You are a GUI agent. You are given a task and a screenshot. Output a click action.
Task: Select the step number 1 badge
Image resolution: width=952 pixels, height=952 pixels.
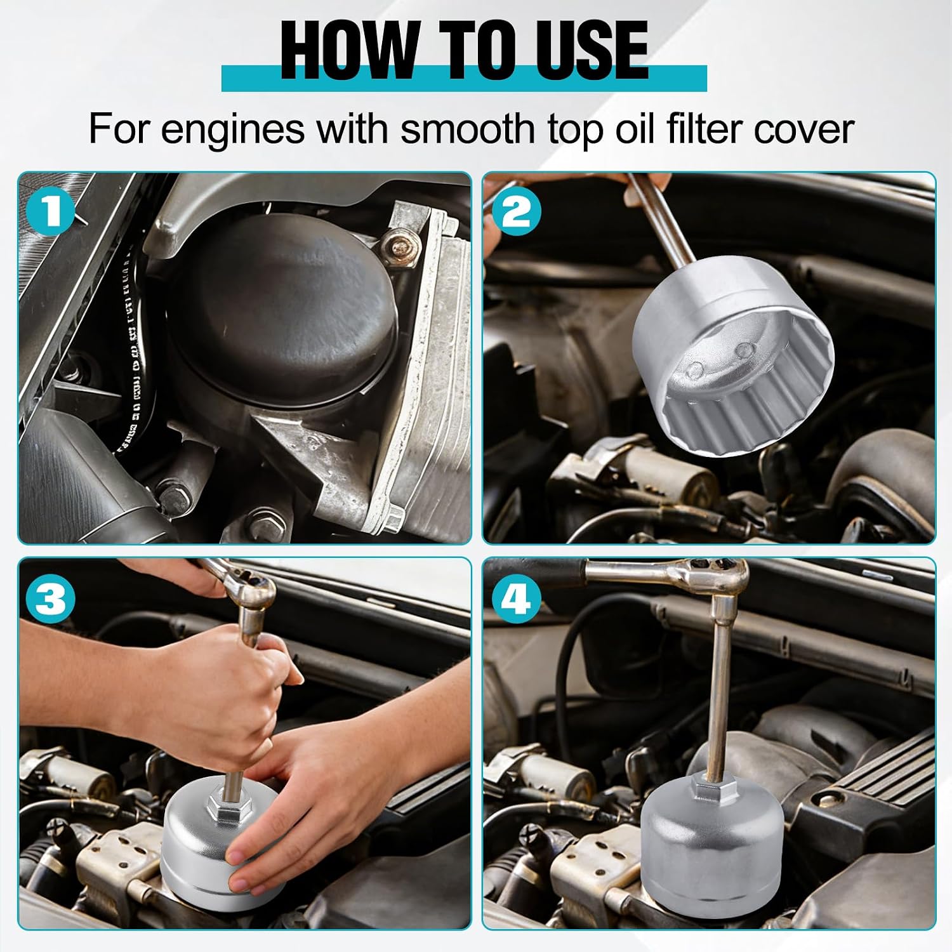tap(52, 211)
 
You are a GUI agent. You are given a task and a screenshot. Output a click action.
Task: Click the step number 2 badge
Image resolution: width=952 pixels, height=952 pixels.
tap(518, 211)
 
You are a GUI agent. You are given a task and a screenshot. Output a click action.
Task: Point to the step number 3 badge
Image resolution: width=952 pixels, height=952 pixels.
tap(52, 597)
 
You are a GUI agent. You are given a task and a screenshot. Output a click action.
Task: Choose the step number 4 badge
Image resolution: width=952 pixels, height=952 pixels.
tap(518, 597)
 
